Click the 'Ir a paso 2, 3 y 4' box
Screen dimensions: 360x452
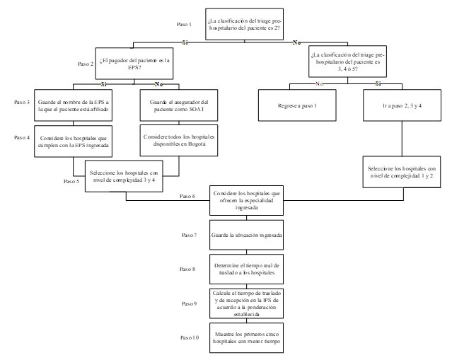click(399, 105)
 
